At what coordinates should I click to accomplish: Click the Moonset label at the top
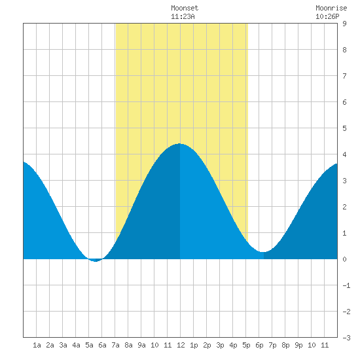pyautogui.click(x=185, y=8)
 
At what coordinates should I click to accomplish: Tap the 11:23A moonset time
pyautogui.click(x=183, y=16)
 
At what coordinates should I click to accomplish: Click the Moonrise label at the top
pyautogui.click(x=331, y=8)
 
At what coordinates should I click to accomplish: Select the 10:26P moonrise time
pyautogui.click(x=327, y=16)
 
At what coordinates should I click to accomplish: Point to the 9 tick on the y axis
pyautogui.click(x=344, y=24)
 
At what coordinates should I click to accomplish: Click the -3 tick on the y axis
pyautogui.click(x=346, y=338)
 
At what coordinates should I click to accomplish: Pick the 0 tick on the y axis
pyautogui.click(x=344, y=259)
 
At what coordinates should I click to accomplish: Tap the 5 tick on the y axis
pyautogui.click(x=344, y=128)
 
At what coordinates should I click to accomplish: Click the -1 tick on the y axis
pyautogui.click(x=346, y=285)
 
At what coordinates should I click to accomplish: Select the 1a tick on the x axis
pyautogui.click(x=37, y=345)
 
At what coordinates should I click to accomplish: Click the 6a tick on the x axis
pyautogui.click(x=102, y=345)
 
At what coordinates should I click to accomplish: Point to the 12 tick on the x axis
pyautogui.click(x=181, y=345)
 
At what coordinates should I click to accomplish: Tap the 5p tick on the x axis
pyautogui.click(x=246, y=345)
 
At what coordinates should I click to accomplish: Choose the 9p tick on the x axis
pyautogui.click(x=298, y=345)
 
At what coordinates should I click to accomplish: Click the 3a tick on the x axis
pyautogui.click(x=63, y=345)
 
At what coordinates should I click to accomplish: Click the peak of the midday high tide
pyautogui.click(x=179, y=144)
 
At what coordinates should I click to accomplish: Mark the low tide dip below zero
pyautogui.click(x=96, y=261)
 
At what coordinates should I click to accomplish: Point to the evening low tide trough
pyautogui.click(x=263, y=252)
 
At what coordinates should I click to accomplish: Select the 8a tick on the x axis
pyautogui.click(x=128, y=345)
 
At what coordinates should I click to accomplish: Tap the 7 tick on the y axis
pyautogui.click(x=344, y=76)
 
